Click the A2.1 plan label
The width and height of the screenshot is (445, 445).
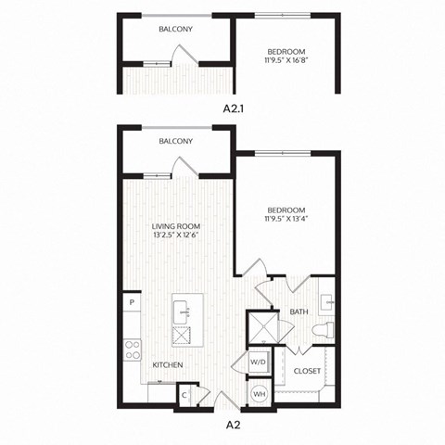234,108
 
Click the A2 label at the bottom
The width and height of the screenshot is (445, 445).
235,426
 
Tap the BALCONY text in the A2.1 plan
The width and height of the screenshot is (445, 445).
174,30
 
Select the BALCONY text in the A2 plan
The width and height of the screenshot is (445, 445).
174,141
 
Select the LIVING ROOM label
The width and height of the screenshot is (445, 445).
176,225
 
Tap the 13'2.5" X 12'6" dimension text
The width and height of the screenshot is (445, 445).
176,235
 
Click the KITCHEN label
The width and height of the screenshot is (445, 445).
167,365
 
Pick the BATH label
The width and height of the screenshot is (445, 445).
299,312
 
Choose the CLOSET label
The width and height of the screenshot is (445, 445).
307,371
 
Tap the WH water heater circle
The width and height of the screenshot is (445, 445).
259,394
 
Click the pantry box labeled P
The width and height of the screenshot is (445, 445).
132,302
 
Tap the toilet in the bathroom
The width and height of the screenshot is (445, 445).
324,331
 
